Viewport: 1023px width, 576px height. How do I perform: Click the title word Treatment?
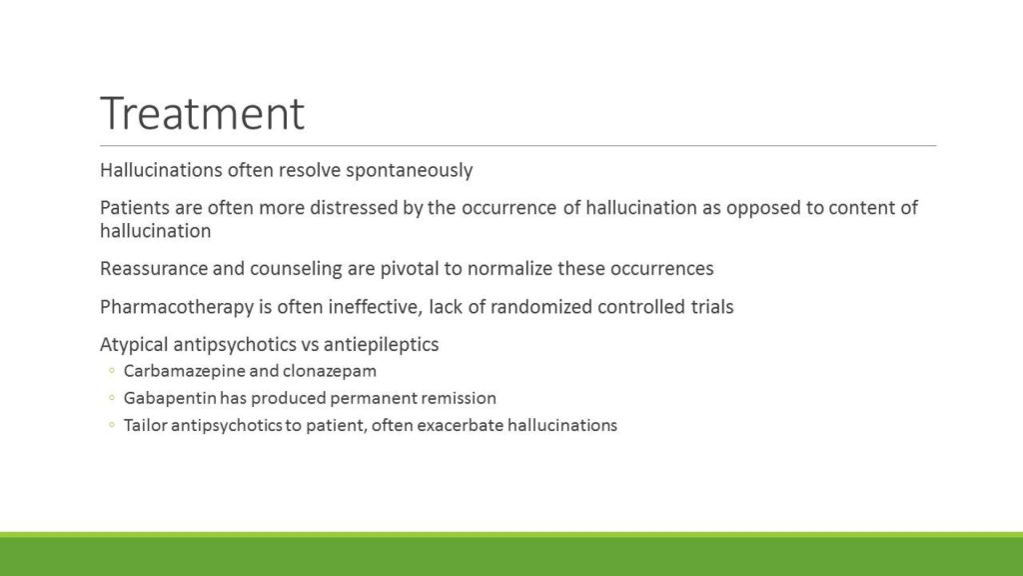point(202,114)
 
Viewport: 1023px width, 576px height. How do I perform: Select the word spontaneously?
point(409,170)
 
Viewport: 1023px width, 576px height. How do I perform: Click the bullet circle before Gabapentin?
point(112,397)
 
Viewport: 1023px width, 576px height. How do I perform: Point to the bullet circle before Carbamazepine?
point(112,370)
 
